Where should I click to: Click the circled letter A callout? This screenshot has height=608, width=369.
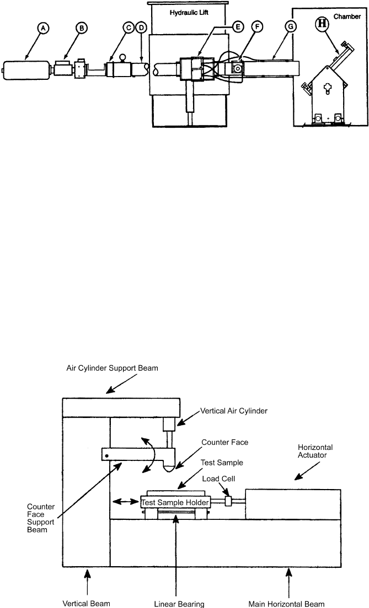[44, 28]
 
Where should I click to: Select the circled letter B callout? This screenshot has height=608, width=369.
[82, 28]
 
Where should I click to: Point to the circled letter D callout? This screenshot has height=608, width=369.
[141, 28]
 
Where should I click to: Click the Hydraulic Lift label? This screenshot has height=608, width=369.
[189, 13]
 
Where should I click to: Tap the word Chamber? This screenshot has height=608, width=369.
[347, 17]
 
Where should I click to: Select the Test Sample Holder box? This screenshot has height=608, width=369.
[175, 502]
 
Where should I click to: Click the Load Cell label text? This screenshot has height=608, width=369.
[218, 479]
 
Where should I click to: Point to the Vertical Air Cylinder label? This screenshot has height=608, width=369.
[234, 411]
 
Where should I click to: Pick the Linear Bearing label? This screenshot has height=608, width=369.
[179, 604]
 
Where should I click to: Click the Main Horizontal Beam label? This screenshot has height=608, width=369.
[286, 604]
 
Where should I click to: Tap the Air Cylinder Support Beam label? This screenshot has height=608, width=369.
[113, 368]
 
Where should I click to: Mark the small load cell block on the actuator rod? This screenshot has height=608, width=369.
[228, 502]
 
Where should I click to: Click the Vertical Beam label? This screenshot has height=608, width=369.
[86, 604]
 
